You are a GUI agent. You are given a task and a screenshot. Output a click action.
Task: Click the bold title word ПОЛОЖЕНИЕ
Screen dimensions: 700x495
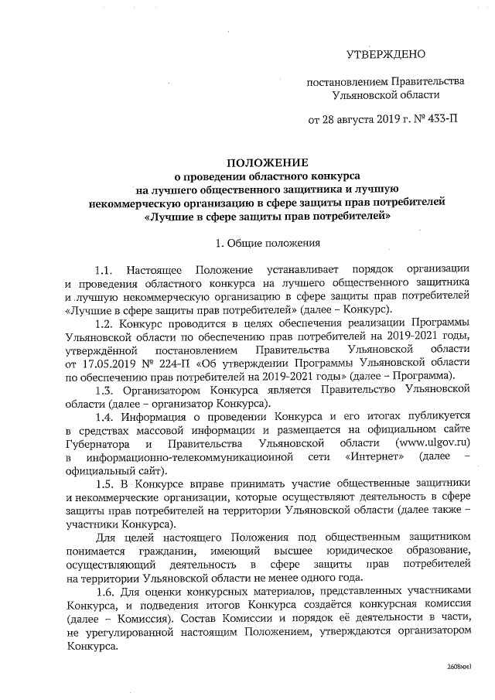(x=267, y=162)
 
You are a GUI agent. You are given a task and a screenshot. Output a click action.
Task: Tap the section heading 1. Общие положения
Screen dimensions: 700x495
(x=267, y=244)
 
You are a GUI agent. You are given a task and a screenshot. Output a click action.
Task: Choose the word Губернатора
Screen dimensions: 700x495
(x=104, y=444)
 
